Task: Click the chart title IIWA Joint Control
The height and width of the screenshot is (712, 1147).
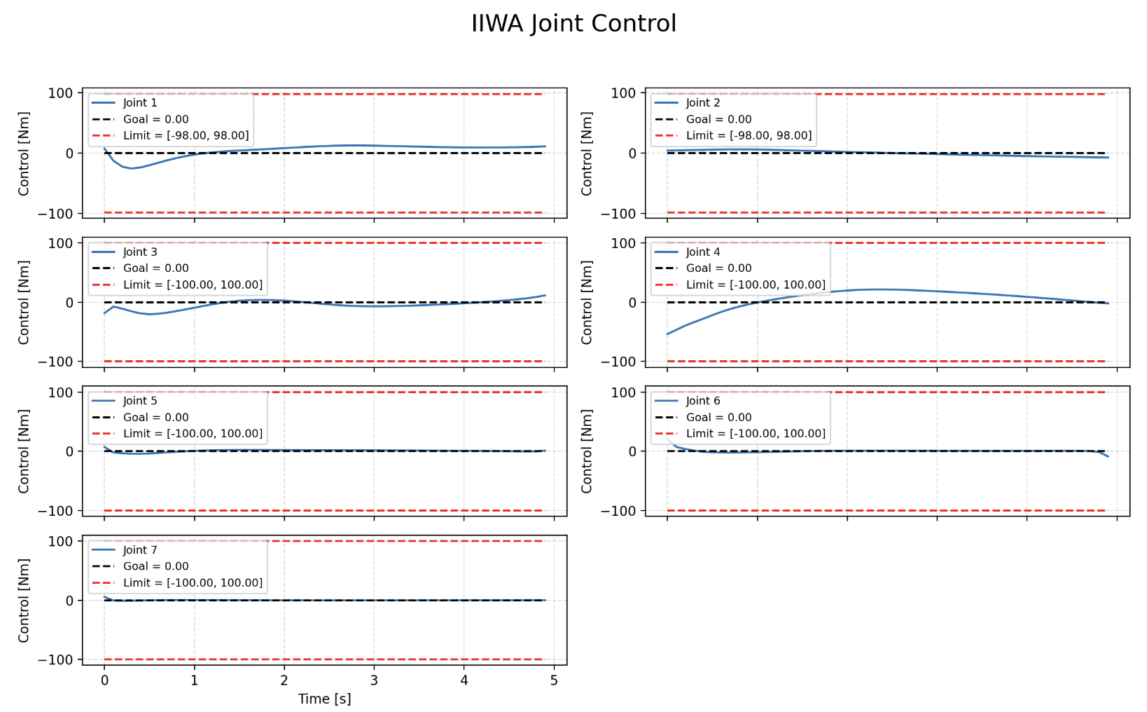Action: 573,24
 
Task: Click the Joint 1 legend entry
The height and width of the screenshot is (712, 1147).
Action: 140,103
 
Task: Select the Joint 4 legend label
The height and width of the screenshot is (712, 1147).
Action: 702,252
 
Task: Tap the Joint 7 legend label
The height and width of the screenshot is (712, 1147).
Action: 140,550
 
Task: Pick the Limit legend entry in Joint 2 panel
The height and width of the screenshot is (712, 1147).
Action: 749,136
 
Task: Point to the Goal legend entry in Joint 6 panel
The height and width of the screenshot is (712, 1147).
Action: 718,418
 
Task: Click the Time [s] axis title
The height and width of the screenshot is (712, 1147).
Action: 324,699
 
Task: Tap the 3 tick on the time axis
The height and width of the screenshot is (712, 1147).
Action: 374,680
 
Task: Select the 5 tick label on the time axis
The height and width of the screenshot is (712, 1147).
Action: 554,680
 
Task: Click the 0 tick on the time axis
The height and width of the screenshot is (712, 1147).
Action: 104,680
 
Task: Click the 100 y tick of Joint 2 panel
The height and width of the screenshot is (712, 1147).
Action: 623,93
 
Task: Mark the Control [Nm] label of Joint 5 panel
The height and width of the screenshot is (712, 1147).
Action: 24,451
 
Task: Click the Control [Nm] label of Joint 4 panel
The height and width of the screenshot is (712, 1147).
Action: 587,302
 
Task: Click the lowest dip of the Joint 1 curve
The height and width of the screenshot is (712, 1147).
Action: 131,168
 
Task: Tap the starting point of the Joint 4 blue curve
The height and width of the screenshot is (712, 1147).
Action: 667,334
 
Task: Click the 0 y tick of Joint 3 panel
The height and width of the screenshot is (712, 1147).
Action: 69,303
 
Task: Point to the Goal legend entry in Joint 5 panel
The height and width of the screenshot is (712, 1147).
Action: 155,418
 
